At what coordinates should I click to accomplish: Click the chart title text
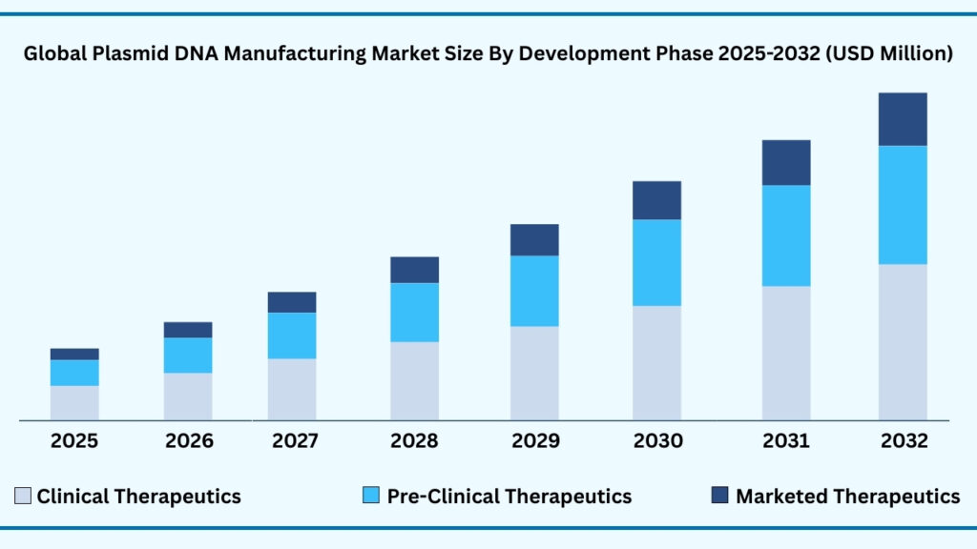tap(488, 55)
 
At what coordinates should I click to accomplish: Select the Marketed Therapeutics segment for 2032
tap(903, 119)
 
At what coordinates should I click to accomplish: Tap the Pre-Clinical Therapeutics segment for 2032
tap(903, 205)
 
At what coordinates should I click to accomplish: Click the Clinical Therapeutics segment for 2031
tap(786, 353)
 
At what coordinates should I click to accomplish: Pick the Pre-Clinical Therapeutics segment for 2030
tap(656, 263)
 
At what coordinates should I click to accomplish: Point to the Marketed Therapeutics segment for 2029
tap(534, 240)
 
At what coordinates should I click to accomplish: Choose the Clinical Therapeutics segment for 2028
tap(414, 380)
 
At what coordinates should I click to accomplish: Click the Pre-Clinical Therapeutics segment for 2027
tap(292, 335)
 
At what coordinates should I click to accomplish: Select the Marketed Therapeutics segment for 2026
tap(188, 330)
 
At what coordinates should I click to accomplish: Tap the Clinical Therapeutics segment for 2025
tap(74, 402)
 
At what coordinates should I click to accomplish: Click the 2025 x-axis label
tap(74, 441)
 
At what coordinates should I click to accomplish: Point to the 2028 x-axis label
tap(414, 441)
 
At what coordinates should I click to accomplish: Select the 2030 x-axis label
tap(657, 441)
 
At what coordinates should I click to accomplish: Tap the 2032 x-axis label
tap(904, 441)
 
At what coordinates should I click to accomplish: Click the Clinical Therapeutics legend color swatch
tap(23, 496)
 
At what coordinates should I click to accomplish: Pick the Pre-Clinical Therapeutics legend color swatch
tap(371, 496)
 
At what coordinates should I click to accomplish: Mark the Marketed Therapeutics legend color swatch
tap(719, 496)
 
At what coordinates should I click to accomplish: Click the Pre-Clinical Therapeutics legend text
tap(509, 497)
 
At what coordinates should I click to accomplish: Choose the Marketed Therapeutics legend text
tap(847, 497)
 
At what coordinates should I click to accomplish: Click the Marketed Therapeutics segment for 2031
tap(786, 163)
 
